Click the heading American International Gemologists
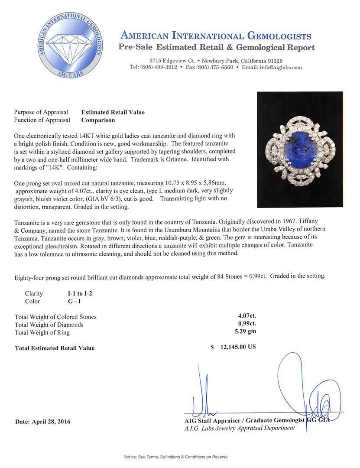pyautogui.click(x=216, y=36)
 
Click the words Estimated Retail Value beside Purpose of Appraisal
pyautogui.click(x=113, y=112)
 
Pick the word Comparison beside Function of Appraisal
pyautogui.click(x=98, y=120)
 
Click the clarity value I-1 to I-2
pyautogui.click(x=77, y=293)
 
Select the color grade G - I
pyautogui.click(x=69, y=301)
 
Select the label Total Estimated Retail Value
pyautogui.click(x=55, y=348)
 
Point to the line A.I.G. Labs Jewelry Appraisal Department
pyautogui.click(x=240, y=428)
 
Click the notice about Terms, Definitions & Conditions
pyautogui.click(x=175, y=457)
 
